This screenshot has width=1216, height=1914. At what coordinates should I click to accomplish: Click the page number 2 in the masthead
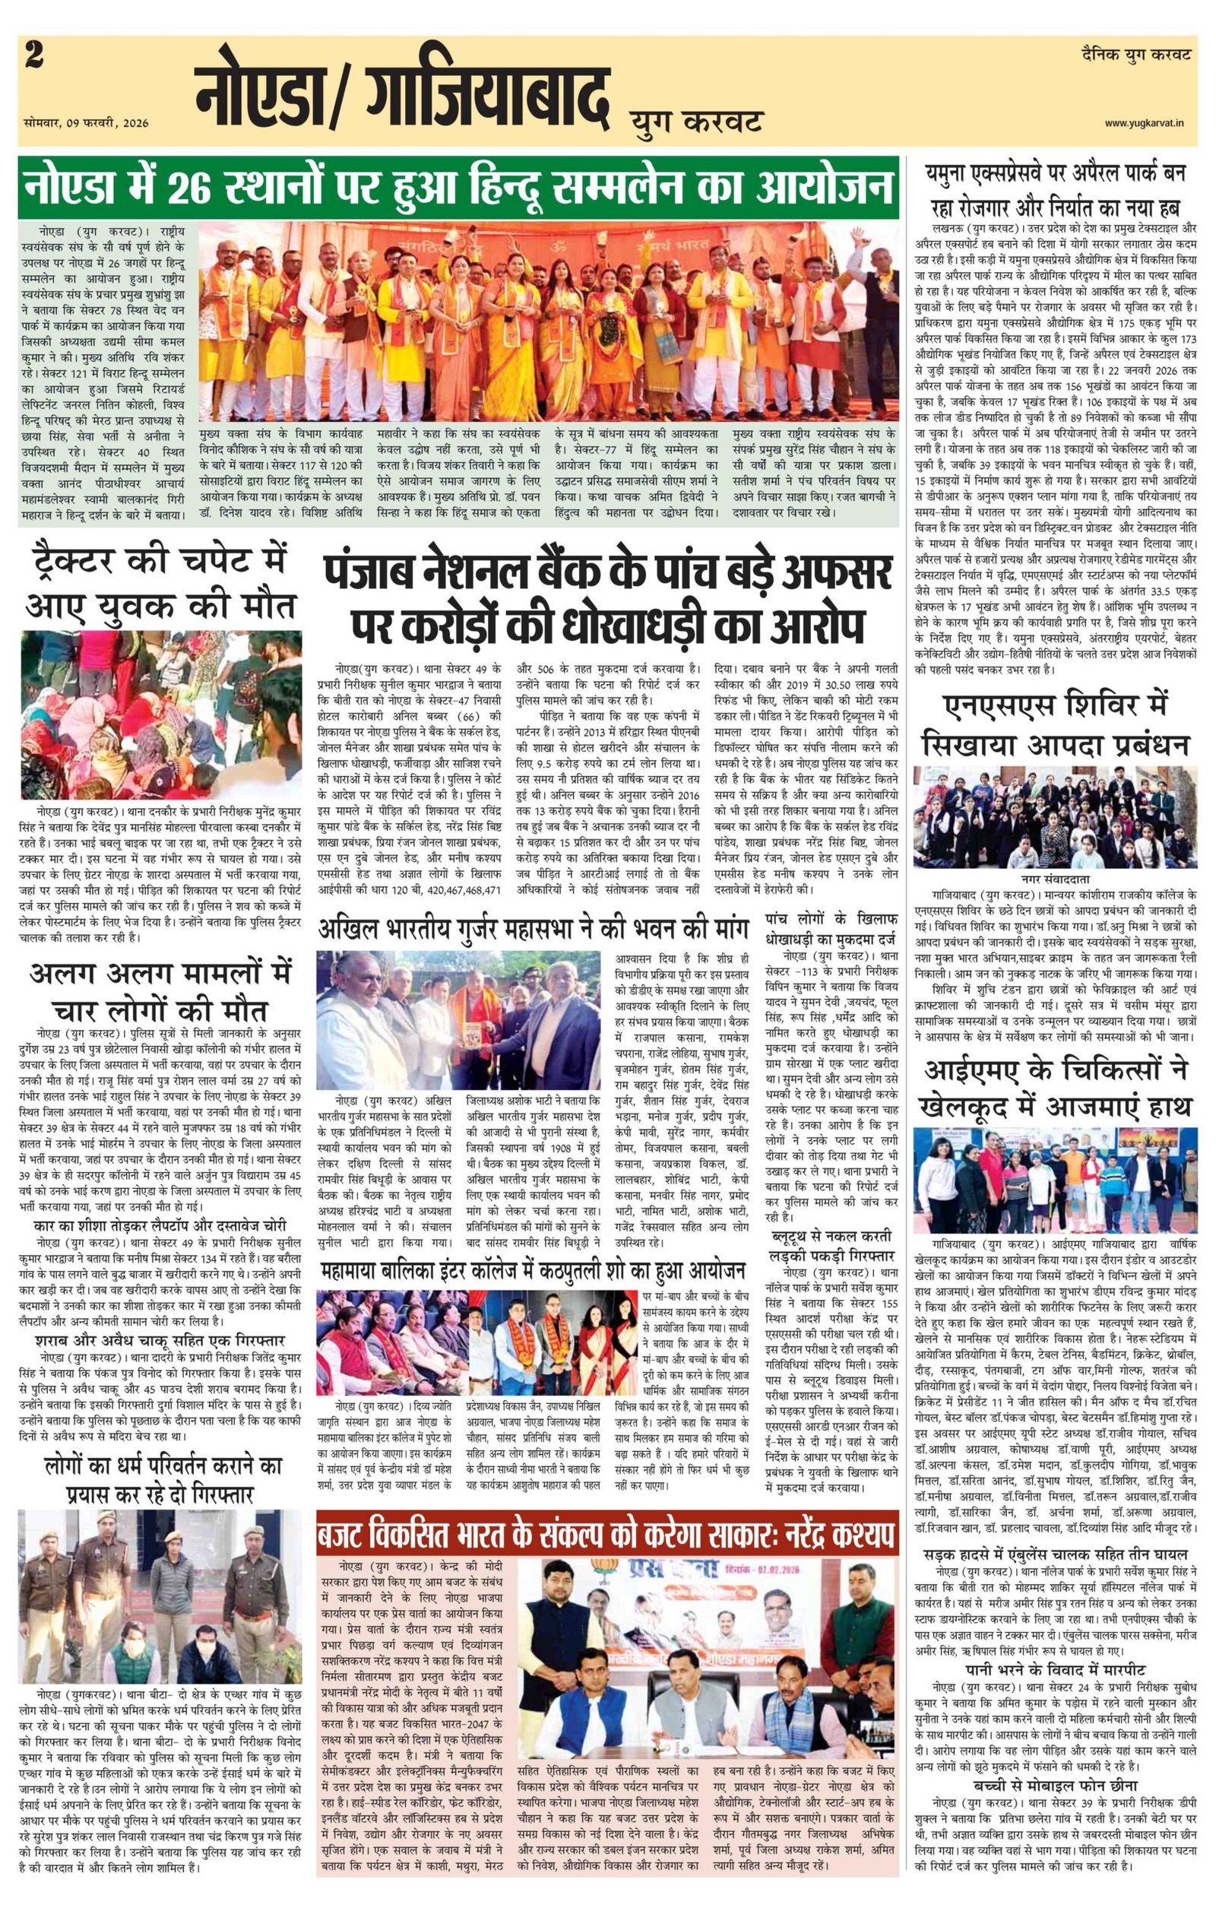[34, 57]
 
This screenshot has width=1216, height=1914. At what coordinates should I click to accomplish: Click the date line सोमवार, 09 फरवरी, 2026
[87, 123]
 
